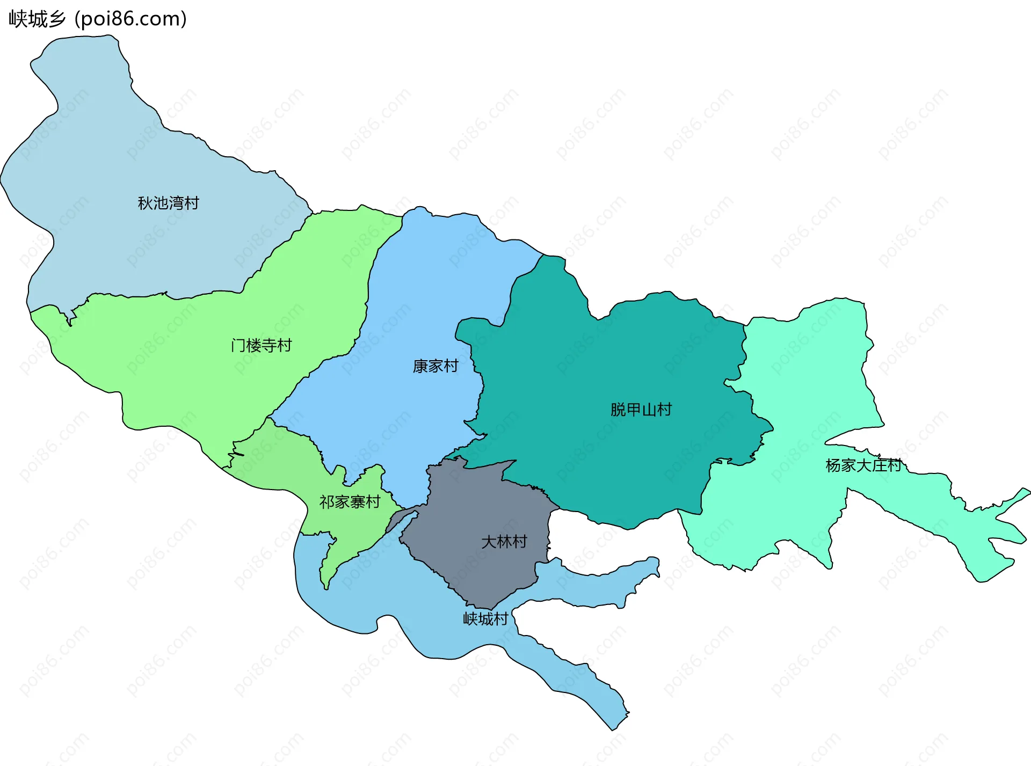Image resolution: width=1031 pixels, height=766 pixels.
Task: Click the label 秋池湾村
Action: click(168, 203)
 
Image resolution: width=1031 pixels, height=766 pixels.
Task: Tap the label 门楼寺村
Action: click(261, 345)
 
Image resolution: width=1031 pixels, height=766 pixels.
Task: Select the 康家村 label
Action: click(435, 366)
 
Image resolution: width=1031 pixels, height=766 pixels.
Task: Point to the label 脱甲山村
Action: click(641, 410)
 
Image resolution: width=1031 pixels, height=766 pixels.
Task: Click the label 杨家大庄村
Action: click(863, 465)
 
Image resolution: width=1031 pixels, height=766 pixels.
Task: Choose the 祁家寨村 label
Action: click(350, 502)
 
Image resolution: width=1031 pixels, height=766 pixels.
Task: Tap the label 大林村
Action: click(504, 542)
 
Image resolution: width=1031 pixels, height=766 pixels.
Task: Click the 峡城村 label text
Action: click(485, 619)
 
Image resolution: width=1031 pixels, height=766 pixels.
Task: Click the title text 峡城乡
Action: click(37, 19)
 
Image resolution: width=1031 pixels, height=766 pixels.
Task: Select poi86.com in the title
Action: click(130, 19)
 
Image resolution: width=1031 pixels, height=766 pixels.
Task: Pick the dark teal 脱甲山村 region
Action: click(618, 365)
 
